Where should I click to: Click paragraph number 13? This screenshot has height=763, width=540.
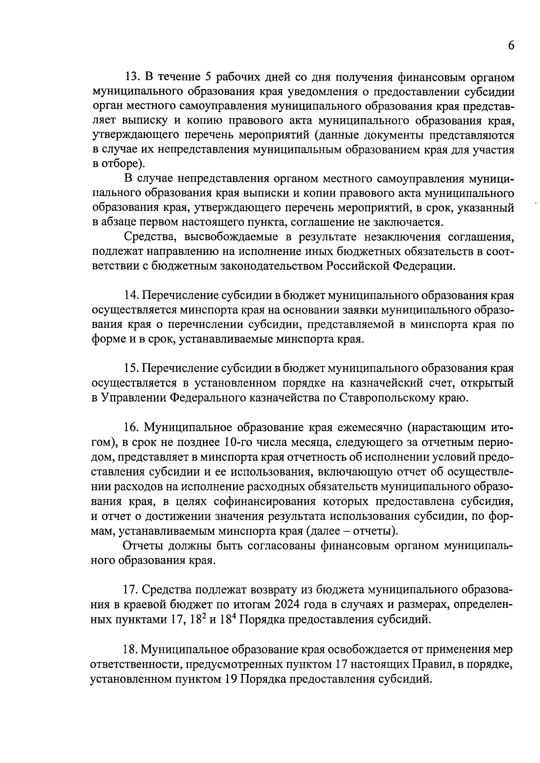[131, 77]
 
